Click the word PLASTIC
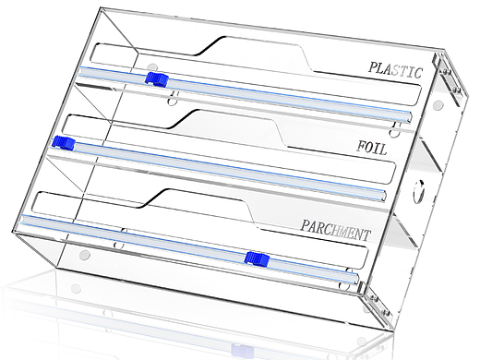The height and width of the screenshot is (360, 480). [x=395, y=70]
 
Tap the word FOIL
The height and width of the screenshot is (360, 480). [x=372, y=148]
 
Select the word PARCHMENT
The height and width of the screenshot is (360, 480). [x=335, y=231]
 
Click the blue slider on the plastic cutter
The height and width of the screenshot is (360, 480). [x=156, y=78]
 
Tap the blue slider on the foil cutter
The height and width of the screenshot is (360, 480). [x=64, y=143]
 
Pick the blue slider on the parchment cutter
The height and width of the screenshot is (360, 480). [x=257, y=258]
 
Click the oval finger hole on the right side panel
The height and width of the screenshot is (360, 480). [x=418, y=191]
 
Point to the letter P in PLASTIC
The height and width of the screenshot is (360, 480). [x=373, y=66]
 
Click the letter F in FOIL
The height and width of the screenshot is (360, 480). [x=361, y=146]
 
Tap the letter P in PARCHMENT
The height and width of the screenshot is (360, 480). [x=305, y=225]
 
